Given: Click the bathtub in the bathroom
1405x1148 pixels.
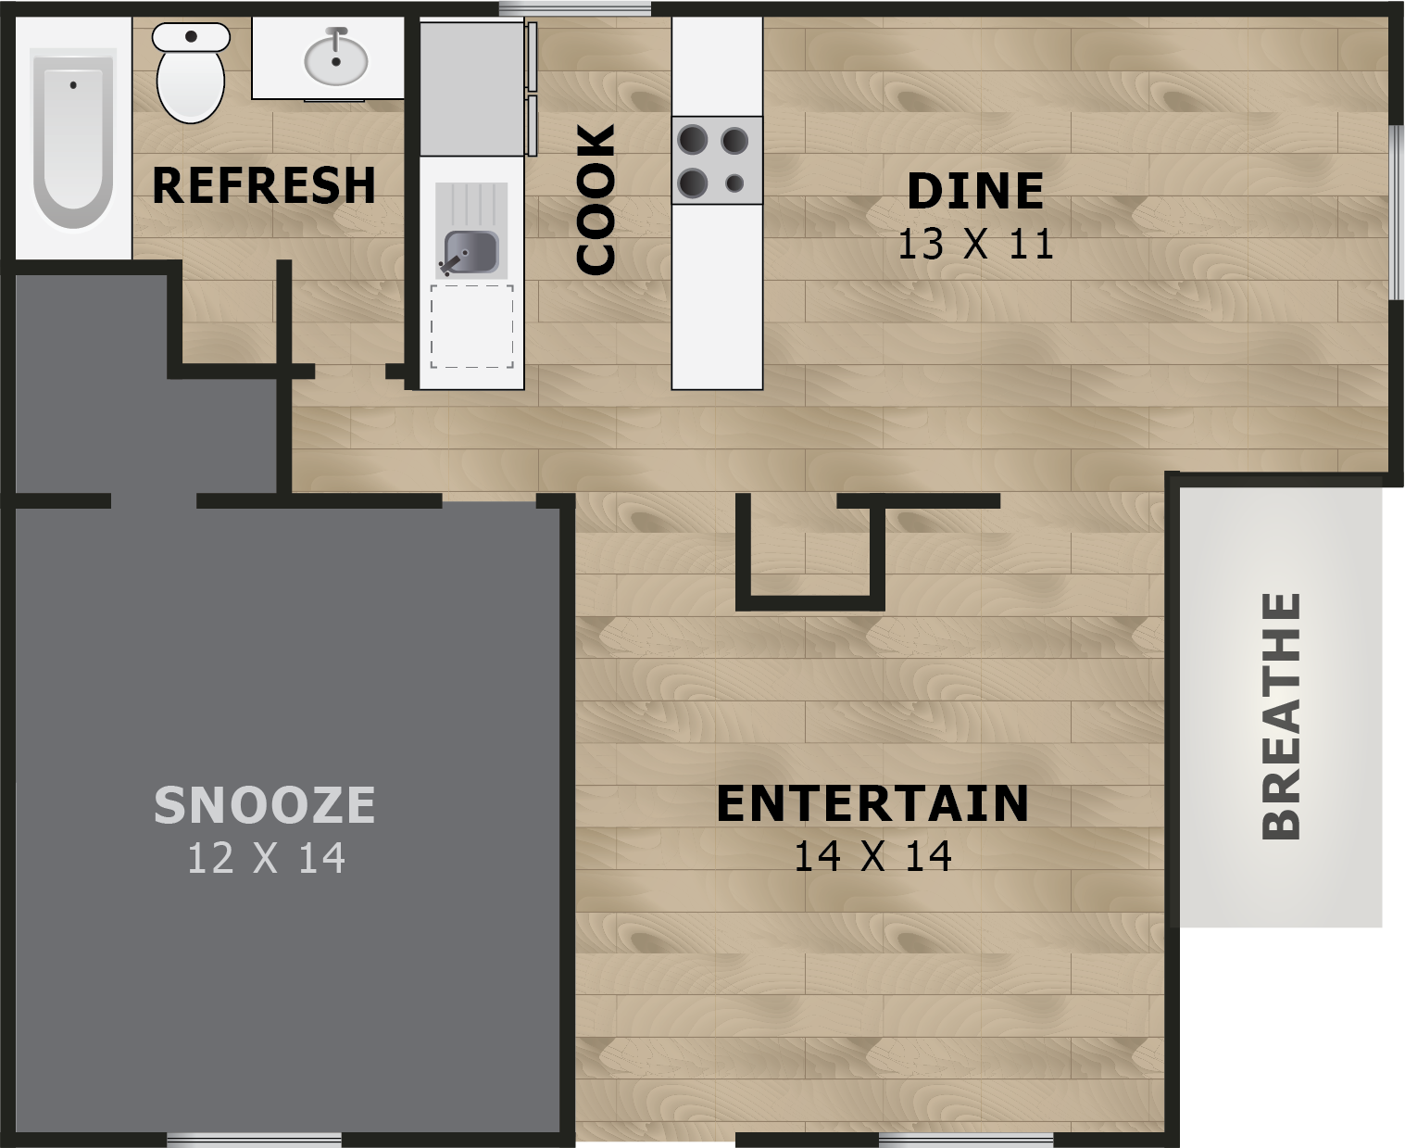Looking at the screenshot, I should coord(73,139).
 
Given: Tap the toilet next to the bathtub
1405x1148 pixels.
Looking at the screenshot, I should coord(191,74).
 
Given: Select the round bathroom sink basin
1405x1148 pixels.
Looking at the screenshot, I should coord(335,59).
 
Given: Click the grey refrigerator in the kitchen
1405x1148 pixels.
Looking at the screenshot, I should coord(472,88).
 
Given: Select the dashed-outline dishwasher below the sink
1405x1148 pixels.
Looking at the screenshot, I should coord(471,326).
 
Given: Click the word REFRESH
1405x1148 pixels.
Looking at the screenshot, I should coord(264,185).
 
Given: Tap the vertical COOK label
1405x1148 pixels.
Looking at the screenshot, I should coord(596,200).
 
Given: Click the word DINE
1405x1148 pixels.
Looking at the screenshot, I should coord(975,192).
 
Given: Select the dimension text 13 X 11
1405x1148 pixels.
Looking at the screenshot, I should coord(975,245).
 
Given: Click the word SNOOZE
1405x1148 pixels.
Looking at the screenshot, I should coord(265,804).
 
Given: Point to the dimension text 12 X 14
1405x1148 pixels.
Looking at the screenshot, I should coord(266,858).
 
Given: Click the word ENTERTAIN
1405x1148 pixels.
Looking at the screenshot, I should coord(872,803).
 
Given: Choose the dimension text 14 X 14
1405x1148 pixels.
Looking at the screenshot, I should coord(872,856).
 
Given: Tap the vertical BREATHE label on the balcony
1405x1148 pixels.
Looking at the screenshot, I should coord(1282,715).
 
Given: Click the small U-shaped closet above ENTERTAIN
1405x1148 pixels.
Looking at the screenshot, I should coord(809,552).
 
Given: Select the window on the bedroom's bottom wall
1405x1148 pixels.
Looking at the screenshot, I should coord(254,1139).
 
